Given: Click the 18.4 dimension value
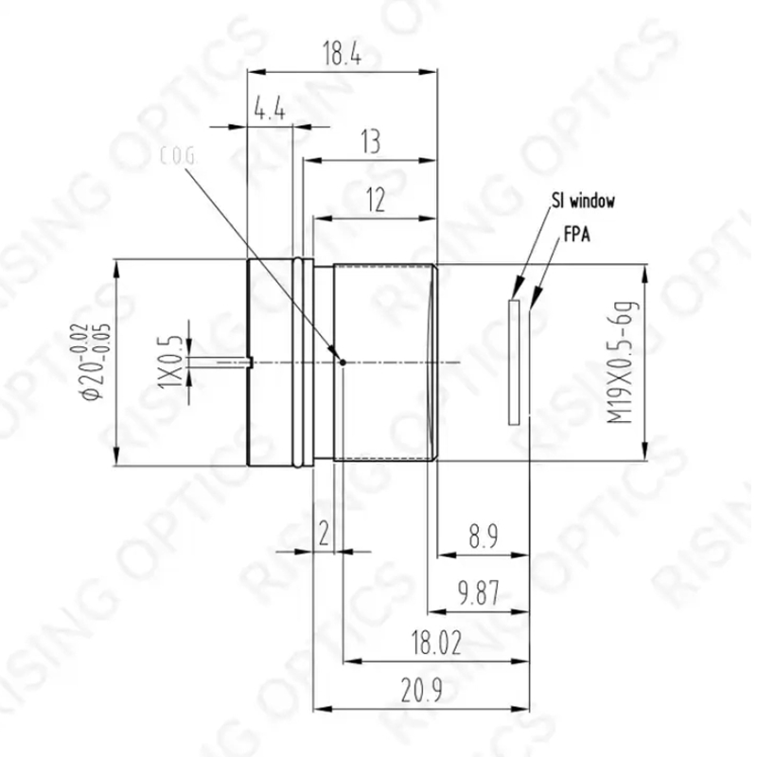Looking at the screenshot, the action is (342, 53).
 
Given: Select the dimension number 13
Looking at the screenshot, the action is (371, 142).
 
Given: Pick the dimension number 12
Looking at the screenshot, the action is (376, 200).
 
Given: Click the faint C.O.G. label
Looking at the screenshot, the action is (178, 156).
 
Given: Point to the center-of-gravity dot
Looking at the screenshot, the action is (343, 362).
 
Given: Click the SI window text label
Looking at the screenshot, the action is (583, 201).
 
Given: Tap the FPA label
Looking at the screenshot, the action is (577, 234).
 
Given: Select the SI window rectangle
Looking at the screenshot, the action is (514, 362).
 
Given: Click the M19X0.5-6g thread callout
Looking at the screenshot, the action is (623, 362).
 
